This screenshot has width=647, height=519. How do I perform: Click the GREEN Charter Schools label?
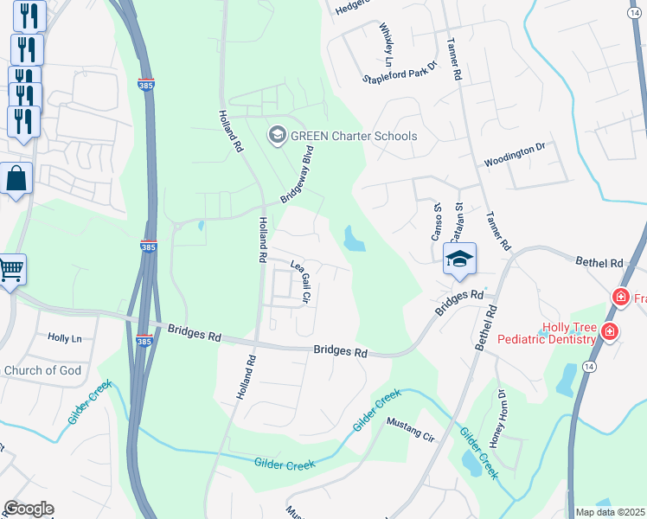[354, 136]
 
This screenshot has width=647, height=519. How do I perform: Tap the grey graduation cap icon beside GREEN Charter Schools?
[278, 135]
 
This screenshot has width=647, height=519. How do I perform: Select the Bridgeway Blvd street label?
[295, 174]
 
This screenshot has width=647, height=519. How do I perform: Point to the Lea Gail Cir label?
[300, 280]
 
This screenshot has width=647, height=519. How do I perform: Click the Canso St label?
[438, 222]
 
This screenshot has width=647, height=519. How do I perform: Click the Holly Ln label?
[64, 338]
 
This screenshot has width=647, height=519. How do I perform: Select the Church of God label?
[42, 371]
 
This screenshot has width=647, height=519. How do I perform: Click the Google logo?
[29, 509]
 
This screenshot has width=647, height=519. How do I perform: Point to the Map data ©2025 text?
[610, 512]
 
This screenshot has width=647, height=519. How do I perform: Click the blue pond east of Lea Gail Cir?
[353, 240]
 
